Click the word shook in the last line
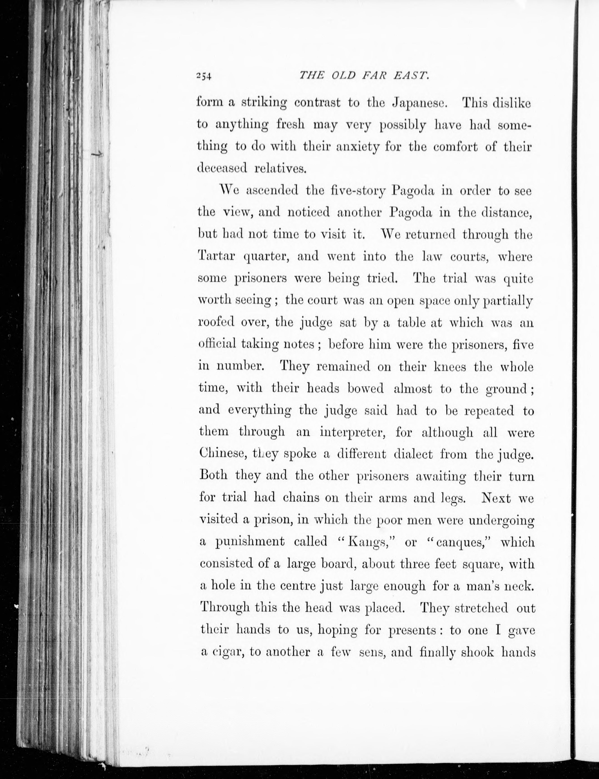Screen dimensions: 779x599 pos(477,652)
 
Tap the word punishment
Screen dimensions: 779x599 pos(250,542)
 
